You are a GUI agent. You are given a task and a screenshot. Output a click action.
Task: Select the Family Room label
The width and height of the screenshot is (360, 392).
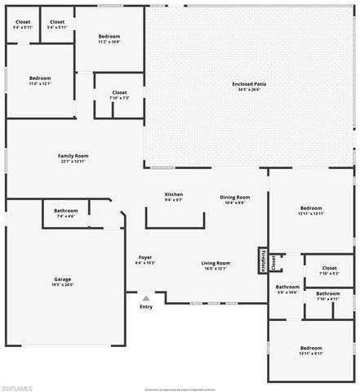[x=73, y=155]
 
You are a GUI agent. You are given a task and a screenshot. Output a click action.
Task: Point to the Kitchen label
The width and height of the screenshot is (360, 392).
[x=174, y=194]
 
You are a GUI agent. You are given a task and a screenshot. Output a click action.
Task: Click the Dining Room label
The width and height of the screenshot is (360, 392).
[x=235, y=197]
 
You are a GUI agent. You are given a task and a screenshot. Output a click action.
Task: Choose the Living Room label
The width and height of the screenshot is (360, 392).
[x=216, y=262]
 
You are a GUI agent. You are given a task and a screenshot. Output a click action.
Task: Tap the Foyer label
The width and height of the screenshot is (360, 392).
[x=144, y=257]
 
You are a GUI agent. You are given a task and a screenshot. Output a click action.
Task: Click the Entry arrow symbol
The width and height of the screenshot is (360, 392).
[x=145, y=298]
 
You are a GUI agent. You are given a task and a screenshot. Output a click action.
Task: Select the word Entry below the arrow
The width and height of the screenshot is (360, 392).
[x=145, y=307]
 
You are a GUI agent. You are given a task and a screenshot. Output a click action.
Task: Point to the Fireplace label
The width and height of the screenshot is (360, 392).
[x=266, y=261]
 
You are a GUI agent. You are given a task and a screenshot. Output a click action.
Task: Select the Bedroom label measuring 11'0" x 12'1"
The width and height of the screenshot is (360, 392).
[x=40, y=78]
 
